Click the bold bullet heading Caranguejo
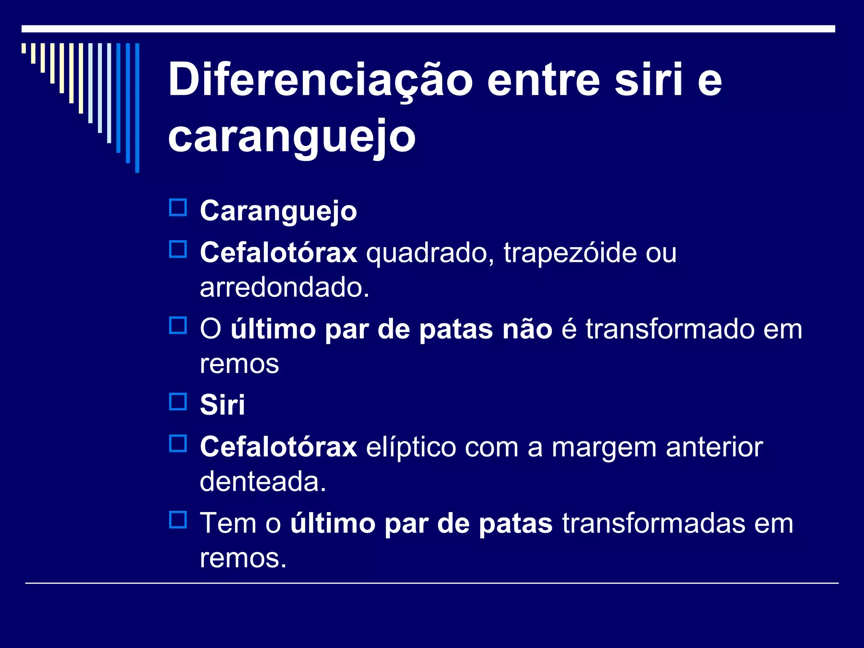pos(278,211)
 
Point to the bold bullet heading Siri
pos(222,405)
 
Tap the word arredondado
pos(284,287)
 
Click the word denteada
pos(263,481)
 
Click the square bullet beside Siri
pos(178,402)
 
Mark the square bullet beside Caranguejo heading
pos(178,208)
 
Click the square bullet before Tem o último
pos(178,520)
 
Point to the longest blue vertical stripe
pos(137,108)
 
